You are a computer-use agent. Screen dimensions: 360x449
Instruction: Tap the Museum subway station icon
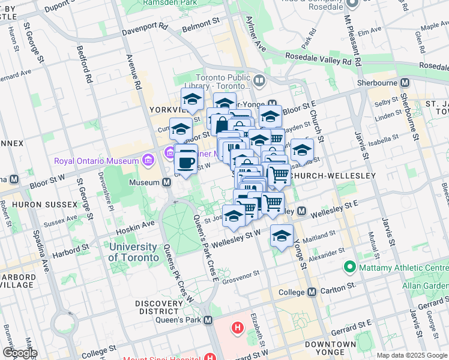coord(166,182)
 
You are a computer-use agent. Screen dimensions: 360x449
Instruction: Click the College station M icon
coord(312,292)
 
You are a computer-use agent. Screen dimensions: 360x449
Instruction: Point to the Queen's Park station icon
coord(208,320)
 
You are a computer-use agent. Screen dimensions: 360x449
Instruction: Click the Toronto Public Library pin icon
coord(259,80)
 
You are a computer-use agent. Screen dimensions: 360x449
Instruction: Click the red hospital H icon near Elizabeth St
coord(238,328)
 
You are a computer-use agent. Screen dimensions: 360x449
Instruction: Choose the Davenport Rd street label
coord(145,29)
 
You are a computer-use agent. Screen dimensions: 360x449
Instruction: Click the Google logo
coord(19,353)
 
